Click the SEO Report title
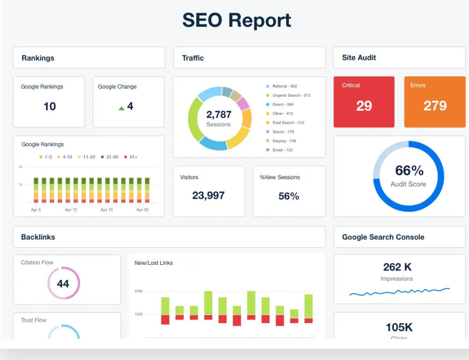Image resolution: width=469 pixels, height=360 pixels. point(236,20)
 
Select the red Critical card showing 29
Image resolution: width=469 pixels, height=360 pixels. point(364,102)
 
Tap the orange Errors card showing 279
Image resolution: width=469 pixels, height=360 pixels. point(435,102)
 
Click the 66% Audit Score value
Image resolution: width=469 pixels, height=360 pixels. point(409,170)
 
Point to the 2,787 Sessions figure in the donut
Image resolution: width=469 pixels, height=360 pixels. point(219,115)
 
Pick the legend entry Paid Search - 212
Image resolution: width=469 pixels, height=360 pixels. point(288,123)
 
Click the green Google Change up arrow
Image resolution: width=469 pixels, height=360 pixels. point(121,108)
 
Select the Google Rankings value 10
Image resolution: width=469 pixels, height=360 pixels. point(50,107)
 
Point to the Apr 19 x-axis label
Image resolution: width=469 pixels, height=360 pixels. point(106,210)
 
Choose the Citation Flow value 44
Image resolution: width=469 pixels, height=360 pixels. point(63,284)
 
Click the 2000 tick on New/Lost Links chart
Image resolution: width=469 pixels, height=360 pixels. point(139,291)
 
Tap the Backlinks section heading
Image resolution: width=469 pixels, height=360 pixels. point(38,237)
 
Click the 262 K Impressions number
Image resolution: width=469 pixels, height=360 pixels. point(397,267)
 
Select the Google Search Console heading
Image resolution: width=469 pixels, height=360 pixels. point(383,237)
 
